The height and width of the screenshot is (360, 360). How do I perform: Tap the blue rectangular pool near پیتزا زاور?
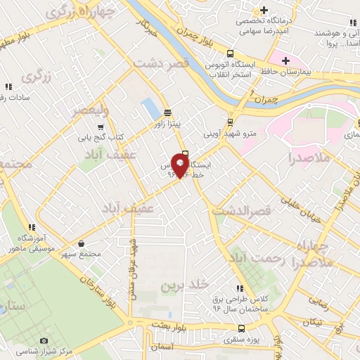coord(150,109)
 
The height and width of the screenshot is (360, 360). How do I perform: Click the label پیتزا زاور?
coord(168,124)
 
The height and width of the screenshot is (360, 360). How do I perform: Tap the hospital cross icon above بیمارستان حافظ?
coord(286,60)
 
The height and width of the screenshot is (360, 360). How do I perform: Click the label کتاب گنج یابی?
coord(110,136)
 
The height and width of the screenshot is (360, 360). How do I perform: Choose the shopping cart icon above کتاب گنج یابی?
coord(102,127)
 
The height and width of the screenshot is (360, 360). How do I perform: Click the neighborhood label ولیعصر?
coord(91,110)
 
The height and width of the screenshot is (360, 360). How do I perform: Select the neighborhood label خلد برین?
coord(185,285)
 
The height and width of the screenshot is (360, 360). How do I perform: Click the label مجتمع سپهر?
coord(81,253)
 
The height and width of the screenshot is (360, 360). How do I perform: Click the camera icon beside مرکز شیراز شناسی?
coord(44,341)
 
